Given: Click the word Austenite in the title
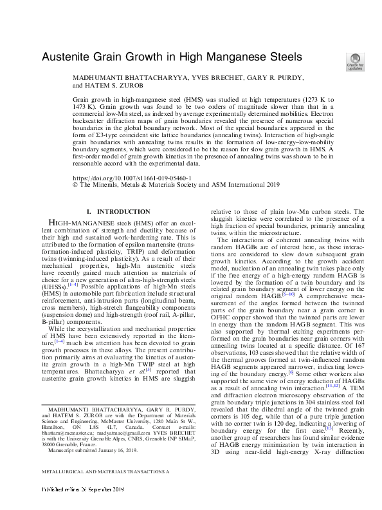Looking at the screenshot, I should point(68,57).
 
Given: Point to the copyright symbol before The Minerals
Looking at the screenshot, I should point(76,184).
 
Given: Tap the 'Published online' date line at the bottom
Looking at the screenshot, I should point(84,504).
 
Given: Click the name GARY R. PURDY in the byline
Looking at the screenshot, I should point(268,77).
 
